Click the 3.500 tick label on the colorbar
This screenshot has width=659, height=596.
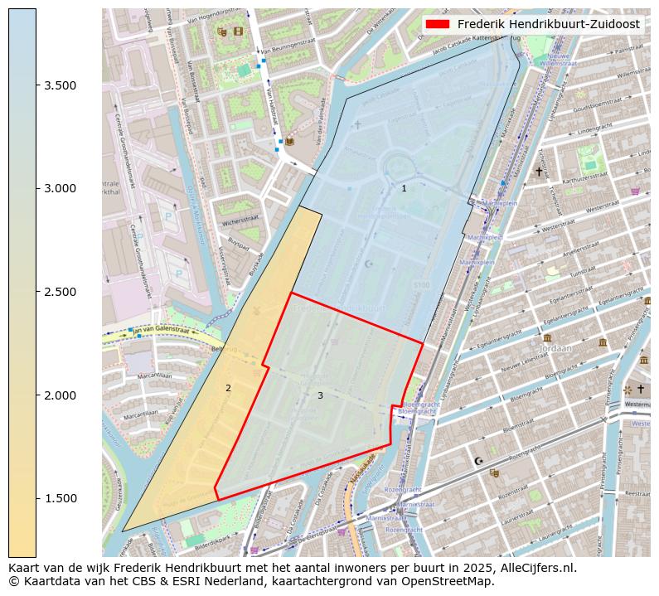pos(60,85)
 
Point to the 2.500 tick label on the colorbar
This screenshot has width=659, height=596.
pos(60,292)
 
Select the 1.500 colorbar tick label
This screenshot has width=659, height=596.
pos(60,498)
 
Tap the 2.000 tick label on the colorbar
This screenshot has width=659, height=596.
pos(60,395)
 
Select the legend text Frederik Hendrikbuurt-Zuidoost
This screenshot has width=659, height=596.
pos(548,25)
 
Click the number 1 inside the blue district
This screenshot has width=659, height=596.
pos(404,189)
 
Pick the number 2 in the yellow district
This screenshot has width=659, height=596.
pos(228,388)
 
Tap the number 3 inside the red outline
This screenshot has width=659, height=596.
pos(320,395)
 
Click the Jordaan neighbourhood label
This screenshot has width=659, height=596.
pos(555,349)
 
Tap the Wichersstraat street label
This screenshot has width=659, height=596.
pos(241,222)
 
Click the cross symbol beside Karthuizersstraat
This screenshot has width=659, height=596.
pos(539,172)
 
